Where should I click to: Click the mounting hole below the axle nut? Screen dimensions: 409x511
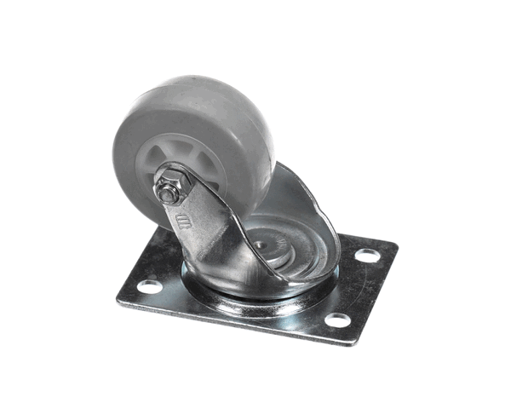(151, 286)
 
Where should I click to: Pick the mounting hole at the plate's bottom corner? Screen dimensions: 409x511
(337, 320)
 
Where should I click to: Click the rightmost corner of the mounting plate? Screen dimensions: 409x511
(397, 247)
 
